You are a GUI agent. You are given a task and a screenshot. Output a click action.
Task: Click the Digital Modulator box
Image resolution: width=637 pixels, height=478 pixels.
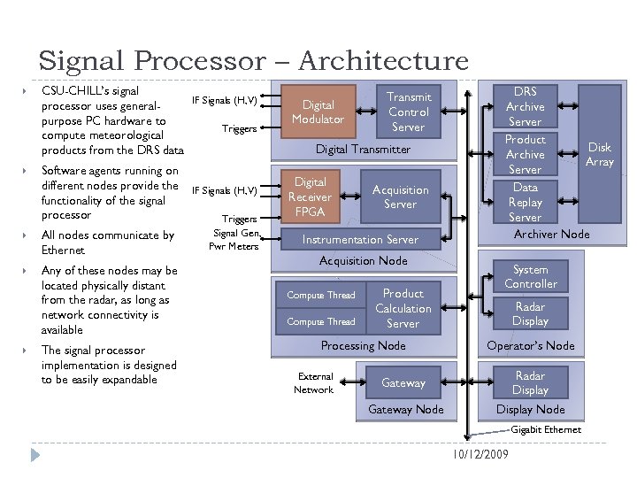[x=318, y=112]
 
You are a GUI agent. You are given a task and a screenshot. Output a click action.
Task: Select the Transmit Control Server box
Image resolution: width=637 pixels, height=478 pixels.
[x=408, y=112]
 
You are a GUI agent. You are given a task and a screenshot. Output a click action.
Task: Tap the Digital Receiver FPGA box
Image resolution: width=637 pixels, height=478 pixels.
[x=310, y=197]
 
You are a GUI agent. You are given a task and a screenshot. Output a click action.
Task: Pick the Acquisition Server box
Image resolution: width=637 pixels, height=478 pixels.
[x=400, y=197]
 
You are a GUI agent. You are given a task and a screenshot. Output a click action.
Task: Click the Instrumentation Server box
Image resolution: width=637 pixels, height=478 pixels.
[x=360, y=239]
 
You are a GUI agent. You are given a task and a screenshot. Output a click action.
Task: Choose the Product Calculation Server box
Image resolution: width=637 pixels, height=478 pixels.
[x=403, y=308]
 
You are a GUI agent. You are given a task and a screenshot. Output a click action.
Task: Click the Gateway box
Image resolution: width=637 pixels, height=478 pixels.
[x=403, y=383]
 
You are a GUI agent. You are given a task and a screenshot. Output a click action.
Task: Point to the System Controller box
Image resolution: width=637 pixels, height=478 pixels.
[x=530, y=276]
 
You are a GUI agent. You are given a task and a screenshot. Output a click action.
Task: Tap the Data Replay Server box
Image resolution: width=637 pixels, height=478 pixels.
[x=525, y=202]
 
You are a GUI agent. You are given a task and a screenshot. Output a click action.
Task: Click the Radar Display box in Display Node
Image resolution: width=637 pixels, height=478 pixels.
[x=530, y=382]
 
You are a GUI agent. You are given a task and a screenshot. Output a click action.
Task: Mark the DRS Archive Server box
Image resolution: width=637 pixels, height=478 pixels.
[x=525, y=106]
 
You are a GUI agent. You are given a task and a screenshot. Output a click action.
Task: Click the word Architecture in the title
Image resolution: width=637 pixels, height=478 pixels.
[x=383, y=61]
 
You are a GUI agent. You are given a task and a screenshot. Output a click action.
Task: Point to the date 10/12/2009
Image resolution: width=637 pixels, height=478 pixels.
[x=478, y=454]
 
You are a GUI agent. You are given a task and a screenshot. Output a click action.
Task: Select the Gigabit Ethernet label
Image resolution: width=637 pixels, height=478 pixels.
[x=546, y=429]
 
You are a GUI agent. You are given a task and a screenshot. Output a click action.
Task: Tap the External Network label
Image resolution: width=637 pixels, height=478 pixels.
[x=314, y=382]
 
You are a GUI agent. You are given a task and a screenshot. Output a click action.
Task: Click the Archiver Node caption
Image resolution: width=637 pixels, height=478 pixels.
[x=551, y=234]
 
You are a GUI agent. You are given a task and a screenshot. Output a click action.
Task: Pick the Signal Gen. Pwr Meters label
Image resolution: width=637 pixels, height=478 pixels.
[x=234, y=239]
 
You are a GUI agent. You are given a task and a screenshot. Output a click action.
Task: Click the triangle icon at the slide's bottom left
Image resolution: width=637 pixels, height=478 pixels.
[x=35, y=454]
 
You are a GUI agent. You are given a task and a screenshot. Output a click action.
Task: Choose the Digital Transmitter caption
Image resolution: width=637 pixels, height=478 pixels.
[x=363, y=150]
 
